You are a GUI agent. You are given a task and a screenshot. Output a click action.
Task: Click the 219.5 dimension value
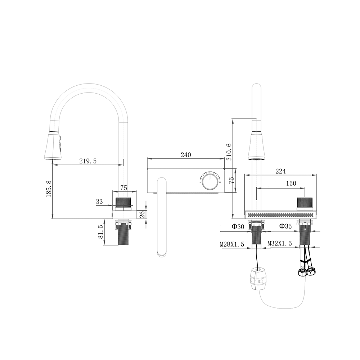click(88, 161)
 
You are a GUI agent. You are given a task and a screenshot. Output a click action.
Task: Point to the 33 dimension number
click(99, 202)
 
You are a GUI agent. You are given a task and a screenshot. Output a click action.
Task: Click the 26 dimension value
click(142, 214)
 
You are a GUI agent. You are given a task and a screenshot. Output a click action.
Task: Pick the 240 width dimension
click(185, 155)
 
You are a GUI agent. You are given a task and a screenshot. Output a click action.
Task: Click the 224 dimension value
click(280, 171)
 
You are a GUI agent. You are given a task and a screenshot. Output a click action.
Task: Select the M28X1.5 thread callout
click(232, 244)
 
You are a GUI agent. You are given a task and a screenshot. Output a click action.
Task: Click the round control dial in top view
click(210, 181)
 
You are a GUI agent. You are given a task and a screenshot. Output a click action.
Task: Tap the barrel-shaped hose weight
click(256, 278)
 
